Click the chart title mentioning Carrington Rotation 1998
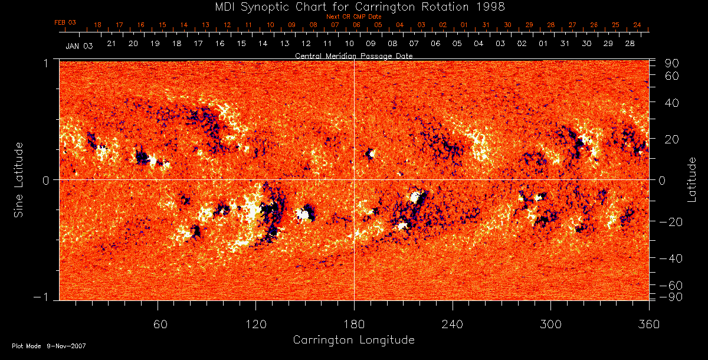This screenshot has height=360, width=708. pyautogui.click(x=353, y=6)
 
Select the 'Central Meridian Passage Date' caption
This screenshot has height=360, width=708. pyautogui.click(x=353, y=55)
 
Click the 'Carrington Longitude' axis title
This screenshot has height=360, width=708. pyautogui.click(x=353, y=340)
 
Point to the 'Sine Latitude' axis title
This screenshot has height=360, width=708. pyautogui.click(x=19, y=179)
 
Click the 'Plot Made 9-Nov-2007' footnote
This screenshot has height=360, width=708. pyautogui.click(x=49, y=346)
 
